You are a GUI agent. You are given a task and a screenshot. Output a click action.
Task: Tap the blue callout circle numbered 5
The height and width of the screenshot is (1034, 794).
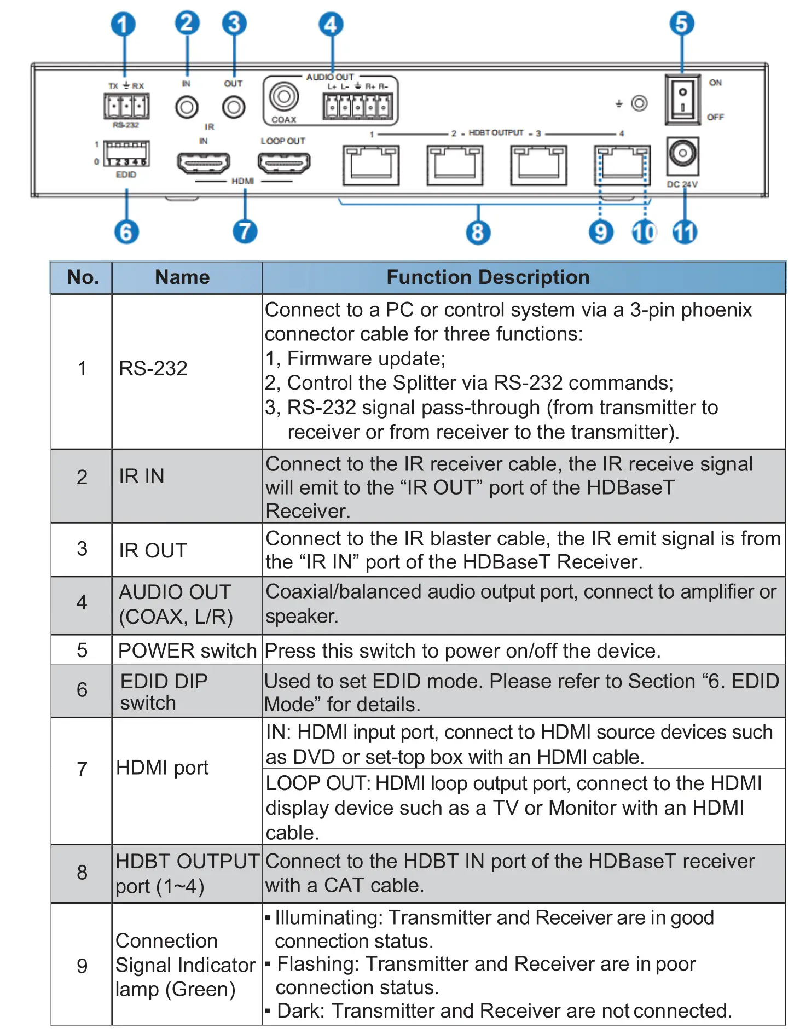681,24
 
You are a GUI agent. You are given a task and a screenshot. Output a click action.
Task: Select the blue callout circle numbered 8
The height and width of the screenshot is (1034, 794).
478,232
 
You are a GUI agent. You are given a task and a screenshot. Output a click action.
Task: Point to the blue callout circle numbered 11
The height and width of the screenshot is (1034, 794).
685,232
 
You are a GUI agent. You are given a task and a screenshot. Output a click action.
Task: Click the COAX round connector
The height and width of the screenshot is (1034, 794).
283,97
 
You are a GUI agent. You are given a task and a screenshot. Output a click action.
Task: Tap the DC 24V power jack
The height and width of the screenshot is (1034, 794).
682,154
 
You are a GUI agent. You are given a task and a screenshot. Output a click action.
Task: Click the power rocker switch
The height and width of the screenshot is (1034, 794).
682,100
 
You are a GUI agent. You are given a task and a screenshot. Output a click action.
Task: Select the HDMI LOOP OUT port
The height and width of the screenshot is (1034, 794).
284,162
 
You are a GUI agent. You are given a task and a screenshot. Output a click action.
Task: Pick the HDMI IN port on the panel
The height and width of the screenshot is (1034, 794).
203,162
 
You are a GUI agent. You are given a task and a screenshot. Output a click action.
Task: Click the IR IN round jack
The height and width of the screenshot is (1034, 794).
187,107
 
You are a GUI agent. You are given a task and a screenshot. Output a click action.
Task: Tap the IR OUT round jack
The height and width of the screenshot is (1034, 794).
234,107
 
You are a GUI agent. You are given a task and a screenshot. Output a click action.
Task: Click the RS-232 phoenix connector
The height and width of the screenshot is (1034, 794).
126,106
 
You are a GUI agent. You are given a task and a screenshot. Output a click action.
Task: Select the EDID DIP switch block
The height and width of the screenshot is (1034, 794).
126,154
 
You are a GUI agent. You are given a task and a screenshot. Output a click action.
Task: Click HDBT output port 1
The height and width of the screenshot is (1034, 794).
371,165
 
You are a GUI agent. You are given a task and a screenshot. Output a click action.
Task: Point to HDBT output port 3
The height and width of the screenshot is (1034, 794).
539,165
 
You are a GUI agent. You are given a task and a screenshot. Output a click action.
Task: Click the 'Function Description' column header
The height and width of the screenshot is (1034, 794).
488,277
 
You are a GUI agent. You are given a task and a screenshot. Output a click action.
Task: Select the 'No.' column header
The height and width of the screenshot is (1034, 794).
83,277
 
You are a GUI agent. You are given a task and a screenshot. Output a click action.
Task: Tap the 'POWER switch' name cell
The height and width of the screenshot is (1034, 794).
187,650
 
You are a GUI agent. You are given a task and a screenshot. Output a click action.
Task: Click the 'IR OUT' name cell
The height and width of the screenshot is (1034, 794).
153,550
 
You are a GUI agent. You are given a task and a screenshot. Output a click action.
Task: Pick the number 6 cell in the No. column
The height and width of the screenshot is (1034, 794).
82,690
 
